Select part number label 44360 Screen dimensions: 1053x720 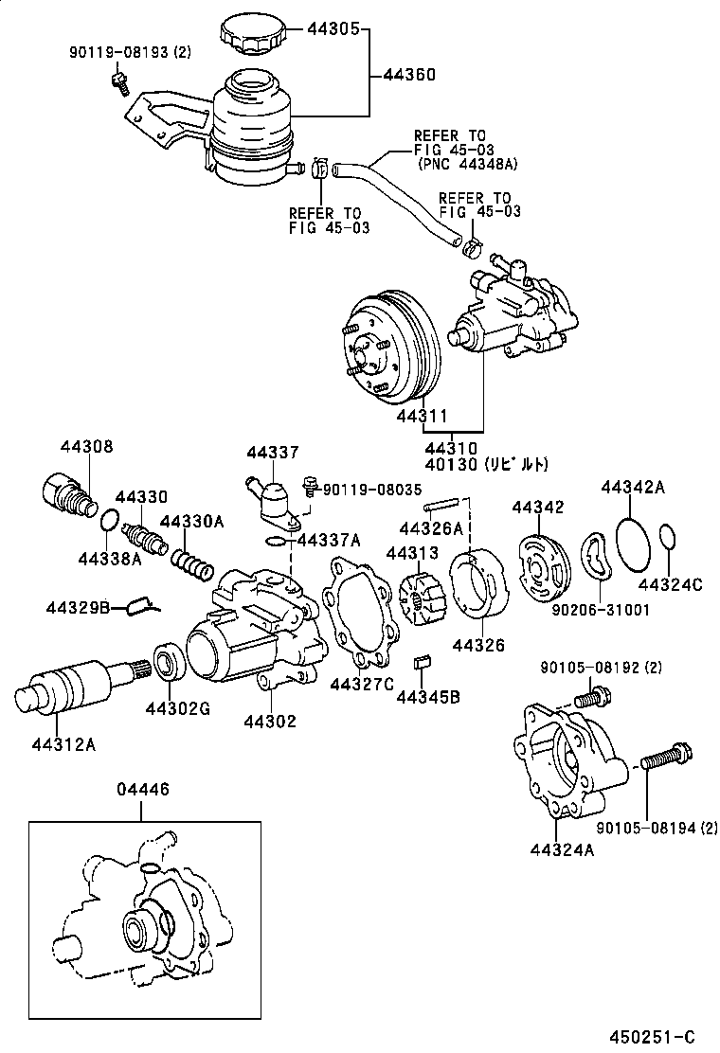click(x=409, y=73)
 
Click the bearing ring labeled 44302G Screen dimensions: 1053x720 click(x=168, y=661)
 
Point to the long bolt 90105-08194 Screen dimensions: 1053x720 click(x=668, y=758)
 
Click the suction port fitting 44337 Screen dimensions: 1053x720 click(x=272, y=499)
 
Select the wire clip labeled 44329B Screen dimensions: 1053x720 click(x=143, y=603)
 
